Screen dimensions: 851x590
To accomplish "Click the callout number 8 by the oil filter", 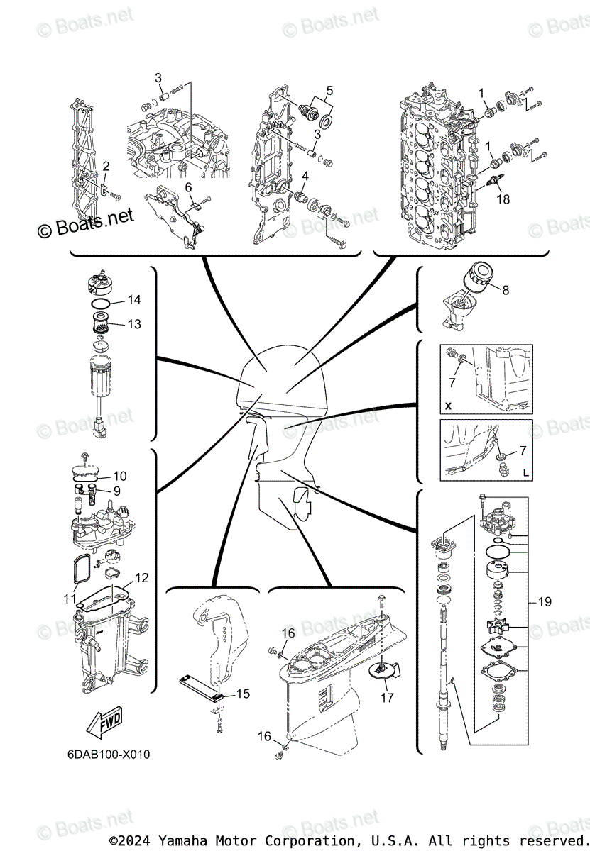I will point(505,289).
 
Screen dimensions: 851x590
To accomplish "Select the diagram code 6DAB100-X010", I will point(104,754).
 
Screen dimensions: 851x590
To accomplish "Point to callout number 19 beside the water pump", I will point(545,602).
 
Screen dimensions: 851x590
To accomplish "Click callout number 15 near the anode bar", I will point(243,694).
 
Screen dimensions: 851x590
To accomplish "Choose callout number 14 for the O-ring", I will point(134,300).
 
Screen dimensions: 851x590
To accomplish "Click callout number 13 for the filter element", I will point(134,324).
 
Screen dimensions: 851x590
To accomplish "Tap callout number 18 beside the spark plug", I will point(503,200).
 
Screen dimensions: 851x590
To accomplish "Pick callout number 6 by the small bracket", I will point(189,187).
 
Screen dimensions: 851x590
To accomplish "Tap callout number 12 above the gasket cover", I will point(142,578).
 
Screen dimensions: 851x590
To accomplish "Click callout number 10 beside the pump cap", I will point(120,475).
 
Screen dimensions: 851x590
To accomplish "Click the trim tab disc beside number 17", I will point(381,672).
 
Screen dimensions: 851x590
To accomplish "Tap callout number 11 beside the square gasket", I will point(70,599).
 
